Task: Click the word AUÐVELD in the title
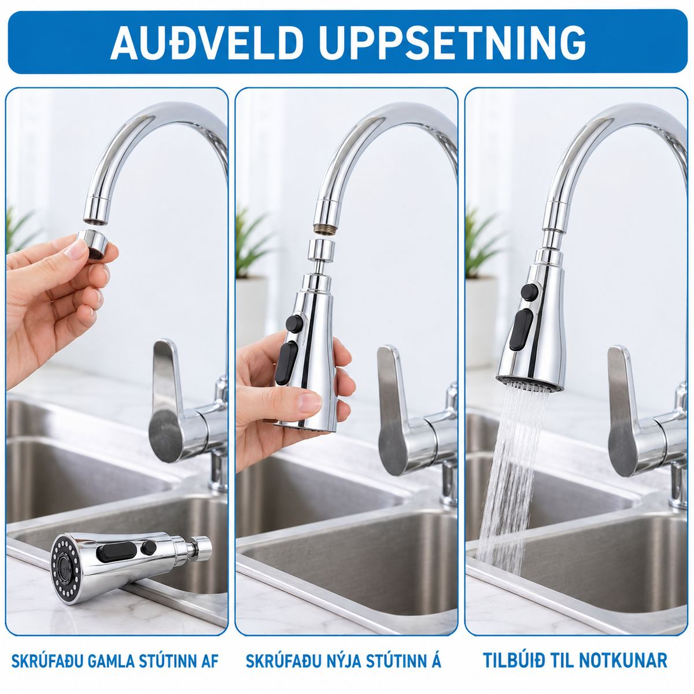(x=206, y=42)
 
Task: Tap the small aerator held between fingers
(x=93, y=244)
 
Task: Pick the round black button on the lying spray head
(x=149, y=548)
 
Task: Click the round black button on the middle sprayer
(x=294, y=323)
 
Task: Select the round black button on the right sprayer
(x=529, y=292)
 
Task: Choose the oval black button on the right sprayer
(x=521, y=329)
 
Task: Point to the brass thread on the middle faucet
(x=326, y=228)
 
